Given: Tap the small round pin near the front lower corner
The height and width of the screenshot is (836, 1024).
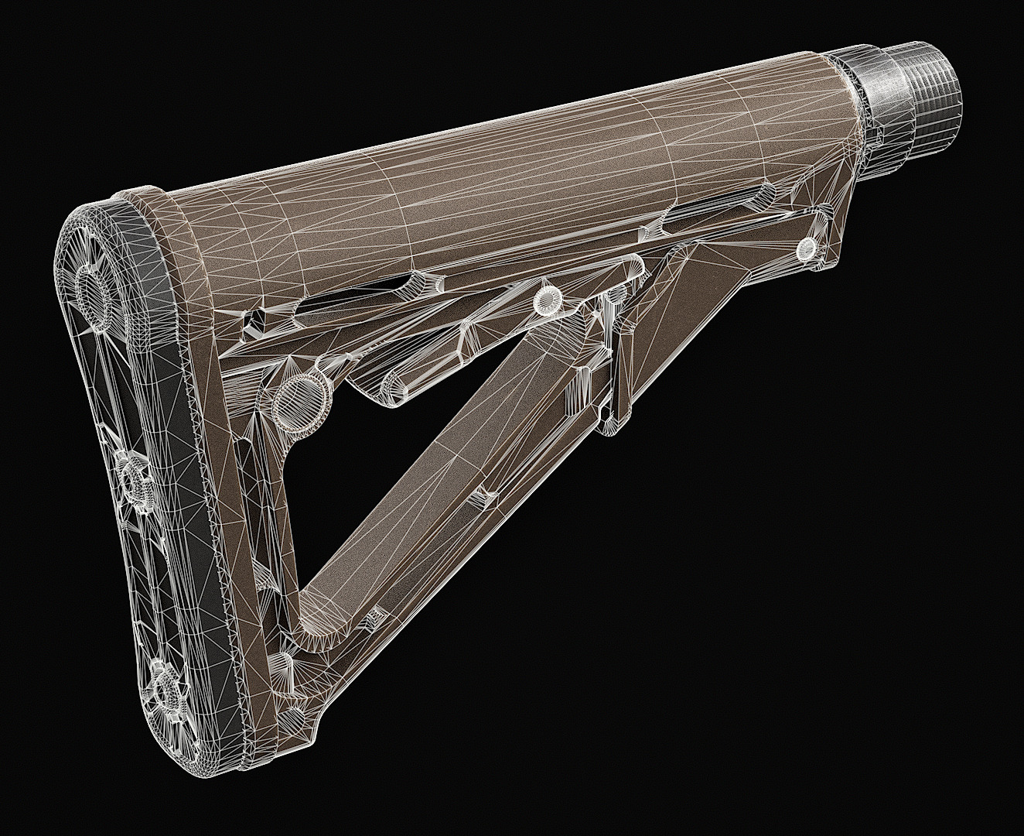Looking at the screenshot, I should pos(806,248).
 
